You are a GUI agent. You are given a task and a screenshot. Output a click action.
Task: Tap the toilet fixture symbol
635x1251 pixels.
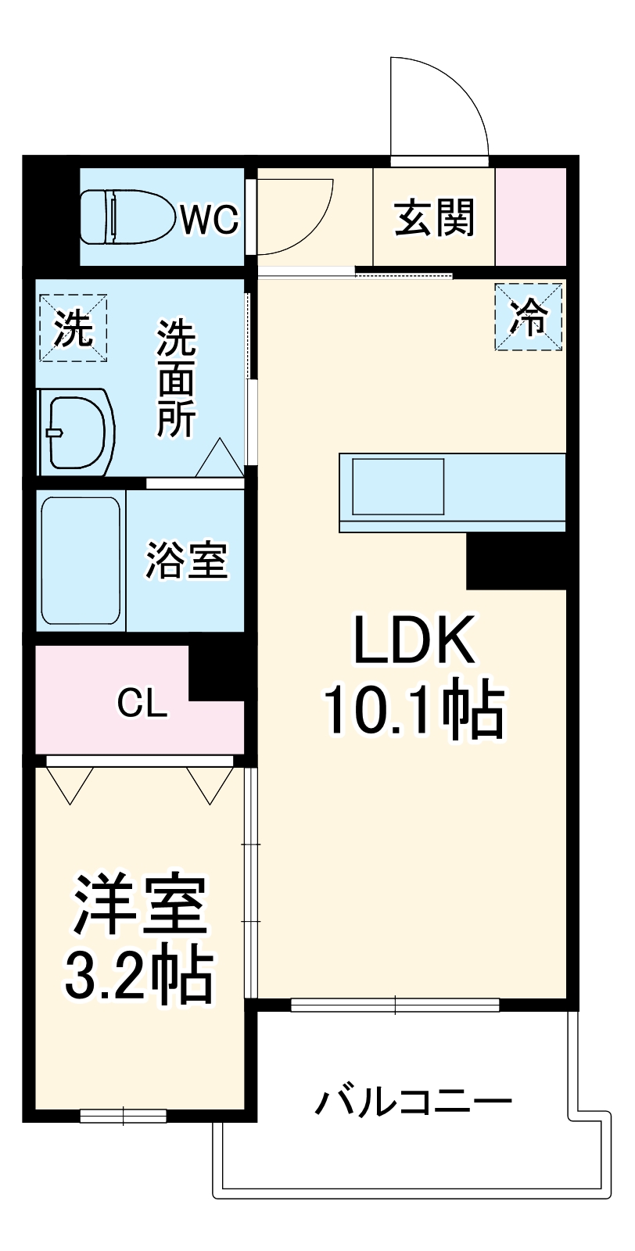127,217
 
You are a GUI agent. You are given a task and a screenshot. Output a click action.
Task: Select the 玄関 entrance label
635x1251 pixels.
434,217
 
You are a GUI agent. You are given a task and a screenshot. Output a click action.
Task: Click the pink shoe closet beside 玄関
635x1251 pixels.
531,217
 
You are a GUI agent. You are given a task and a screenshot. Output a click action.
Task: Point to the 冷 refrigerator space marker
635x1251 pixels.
529,317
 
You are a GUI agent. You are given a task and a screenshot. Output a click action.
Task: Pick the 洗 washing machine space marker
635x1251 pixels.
74,328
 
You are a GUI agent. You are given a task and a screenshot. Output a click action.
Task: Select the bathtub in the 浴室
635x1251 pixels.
81,561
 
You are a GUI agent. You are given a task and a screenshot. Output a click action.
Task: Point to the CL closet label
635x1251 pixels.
142,704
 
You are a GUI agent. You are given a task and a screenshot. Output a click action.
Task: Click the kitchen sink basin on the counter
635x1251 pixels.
398,486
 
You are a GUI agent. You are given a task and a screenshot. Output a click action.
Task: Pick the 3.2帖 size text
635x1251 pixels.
139,975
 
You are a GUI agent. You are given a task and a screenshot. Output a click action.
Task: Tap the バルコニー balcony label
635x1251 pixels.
414,1102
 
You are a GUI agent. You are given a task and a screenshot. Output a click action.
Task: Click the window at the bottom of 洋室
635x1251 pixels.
124,1117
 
